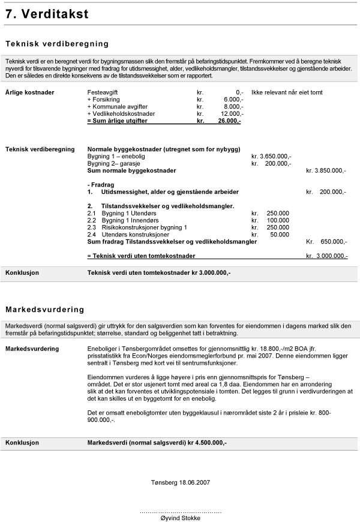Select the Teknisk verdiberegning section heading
tap(57, 44)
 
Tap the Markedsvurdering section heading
tap(45, 310)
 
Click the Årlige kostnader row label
tap(29, 92)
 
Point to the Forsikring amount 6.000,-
tap(233, 100)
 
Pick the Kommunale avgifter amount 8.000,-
tap(233, 107)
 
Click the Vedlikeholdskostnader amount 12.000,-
tap(232, 114)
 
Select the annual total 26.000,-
tap(230, 121)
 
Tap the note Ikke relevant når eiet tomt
tap(287, 92)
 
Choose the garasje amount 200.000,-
tap(278, 163)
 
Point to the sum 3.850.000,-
tap(331, 171)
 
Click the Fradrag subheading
tap(101, 185)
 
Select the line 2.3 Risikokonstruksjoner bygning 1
tap(137, 227)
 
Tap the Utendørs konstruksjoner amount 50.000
tap(280, 235)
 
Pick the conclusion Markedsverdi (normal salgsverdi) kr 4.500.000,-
tap(157, 443)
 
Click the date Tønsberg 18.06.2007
tap(180, 482)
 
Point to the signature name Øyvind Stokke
tap(181, 518)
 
